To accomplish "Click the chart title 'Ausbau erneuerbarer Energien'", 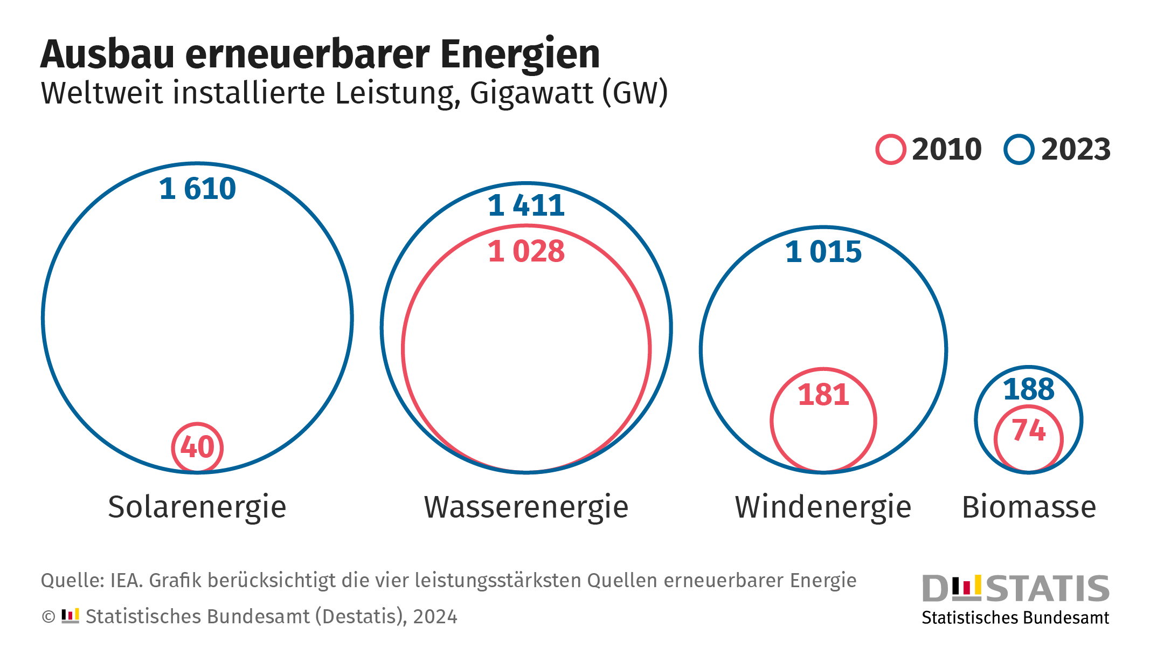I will pos(320,54).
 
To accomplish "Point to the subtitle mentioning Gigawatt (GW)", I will pos(354,93).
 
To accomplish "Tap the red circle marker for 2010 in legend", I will pos(890,149).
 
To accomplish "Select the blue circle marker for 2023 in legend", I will pos(1019,149).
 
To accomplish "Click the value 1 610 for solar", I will pos(197,189).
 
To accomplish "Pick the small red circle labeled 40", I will pos(197,448).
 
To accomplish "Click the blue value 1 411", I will pos(526,205).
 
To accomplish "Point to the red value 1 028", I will pos(526,251).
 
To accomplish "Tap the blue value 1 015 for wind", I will pos(823,252).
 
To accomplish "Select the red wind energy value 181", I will pos(823,395).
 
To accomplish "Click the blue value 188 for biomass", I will pos(1028,389).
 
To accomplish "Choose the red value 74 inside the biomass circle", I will pos(1028,430).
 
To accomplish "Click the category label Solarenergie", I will pos(197,507).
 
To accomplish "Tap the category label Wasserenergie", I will pos(526,507).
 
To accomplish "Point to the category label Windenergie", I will pos(823,507).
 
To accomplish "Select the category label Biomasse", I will pos(1029,507).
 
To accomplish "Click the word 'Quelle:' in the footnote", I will pos(72,581).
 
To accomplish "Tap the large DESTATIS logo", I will pos(1015,588).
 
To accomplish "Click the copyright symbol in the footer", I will pos(49,617).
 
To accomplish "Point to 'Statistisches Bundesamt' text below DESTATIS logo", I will pos(1015,618).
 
